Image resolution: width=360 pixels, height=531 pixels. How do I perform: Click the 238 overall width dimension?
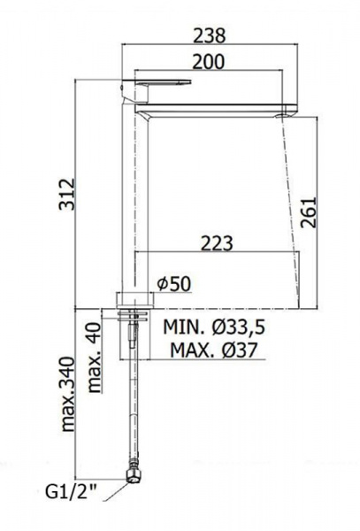(x=209, y=35)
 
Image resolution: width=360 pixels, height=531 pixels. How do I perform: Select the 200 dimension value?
(x=209, y=62)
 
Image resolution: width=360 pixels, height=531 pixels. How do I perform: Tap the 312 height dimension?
(x=66, y=194)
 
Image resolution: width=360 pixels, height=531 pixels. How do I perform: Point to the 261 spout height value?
(x=308, y=212)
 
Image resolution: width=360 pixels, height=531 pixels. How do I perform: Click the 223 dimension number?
(x=218, y=243)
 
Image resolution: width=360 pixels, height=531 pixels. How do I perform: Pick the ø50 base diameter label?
(x=174, y=284)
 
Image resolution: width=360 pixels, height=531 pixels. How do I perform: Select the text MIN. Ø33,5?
(x=214, y=327)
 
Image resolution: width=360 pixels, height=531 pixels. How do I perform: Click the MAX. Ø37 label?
(x=214, y=350)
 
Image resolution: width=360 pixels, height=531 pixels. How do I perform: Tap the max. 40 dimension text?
(x=95, y=358)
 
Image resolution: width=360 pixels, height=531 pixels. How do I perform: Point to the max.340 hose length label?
(x=68, y=394)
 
